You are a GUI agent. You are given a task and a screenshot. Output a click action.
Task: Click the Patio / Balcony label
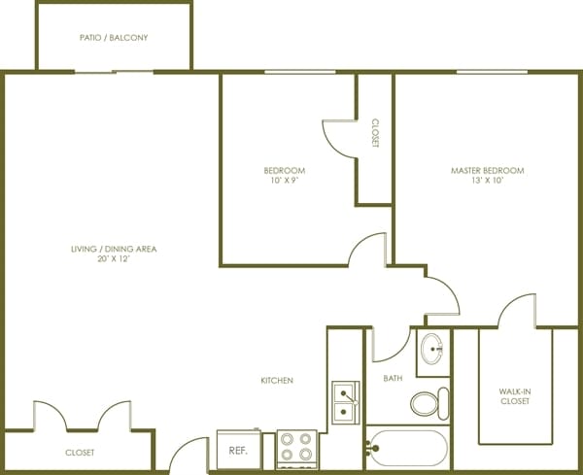click(114, 38)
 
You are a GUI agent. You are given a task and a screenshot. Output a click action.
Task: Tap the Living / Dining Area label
click(114, 249)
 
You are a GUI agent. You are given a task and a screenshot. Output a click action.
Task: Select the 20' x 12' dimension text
click(114, 258)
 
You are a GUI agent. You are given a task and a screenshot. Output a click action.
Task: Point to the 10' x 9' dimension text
click(285, 181)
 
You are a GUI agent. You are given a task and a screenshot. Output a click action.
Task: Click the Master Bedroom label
click(488, 171)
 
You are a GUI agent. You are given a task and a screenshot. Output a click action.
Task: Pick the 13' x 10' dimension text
click(487, 181)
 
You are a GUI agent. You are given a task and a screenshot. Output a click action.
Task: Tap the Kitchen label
click(277, 380)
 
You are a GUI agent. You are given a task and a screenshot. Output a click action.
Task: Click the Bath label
click(393, 378)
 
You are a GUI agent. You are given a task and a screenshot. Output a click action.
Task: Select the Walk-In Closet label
click(515, 396)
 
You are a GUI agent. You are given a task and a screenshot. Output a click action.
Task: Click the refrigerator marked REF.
click(239, 450)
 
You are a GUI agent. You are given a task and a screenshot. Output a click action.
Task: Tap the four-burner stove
click(296, 449)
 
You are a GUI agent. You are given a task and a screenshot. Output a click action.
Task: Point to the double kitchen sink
click(346, 402)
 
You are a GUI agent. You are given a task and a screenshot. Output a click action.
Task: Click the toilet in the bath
click(429, 404)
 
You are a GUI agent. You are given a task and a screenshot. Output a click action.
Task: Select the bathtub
click(408, 448)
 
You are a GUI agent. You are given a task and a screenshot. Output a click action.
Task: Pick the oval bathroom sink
click(431, 349)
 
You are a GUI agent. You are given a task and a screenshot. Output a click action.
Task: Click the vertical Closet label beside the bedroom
click(375, 133)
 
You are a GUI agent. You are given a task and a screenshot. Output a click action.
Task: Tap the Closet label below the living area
click(80, 453)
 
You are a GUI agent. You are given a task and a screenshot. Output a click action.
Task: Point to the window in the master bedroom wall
click(492, 72)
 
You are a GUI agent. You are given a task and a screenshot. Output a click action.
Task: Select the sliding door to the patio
click(114, 72)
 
